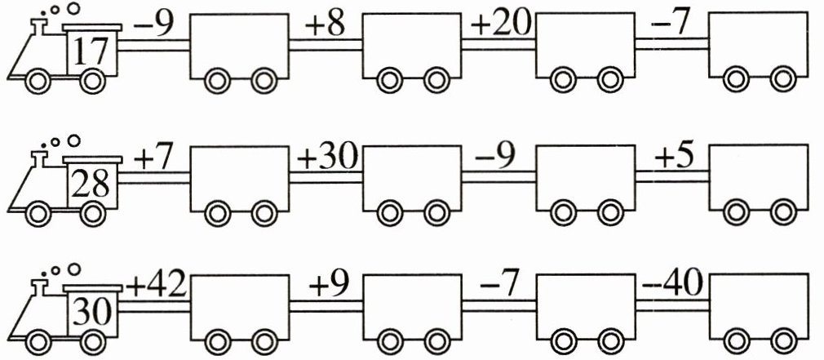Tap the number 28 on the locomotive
pos(91,184)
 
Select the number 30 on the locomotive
pos(91,311)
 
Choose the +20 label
pos(500,26)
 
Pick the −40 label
pos(673,287)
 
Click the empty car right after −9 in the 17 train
pos(238,46)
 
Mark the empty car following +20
pos(585,46)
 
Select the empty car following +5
pos(758,176)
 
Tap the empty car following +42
pos(238,304)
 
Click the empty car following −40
pos(758,304)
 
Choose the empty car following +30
pos(412,176)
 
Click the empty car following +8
pos(412,46)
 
